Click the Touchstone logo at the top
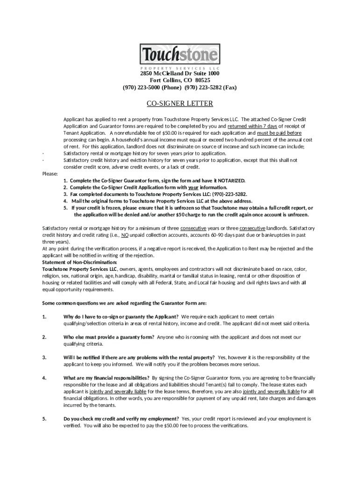click(180, 56)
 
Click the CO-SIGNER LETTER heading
click(180, 103)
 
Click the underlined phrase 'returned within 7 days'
click(252, 126)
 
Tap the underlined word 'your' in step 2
click(187, 187)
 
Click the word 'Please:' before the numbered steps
click(50, 174)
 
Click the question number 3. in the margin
click(44, 357)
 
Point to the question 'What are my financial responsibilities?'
click(107, 377)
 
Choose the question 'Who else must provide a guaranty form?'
click(109, 337)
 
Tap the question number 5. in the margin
click(44, 419)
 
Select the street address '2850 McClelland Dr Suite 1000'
click(180, 74)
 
